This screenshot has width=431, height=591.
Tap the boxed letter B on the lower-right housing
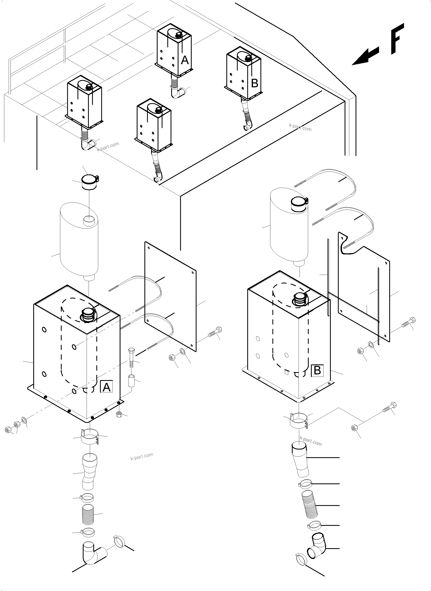317,370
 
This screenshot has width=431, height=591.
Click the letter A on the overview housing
185,60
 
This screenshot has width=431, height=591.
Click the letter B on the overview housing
254,84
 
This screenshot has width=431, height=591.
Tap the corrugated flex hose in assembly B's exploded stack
310,505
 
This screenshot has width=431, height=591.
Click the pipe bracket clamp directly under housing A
89,437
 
